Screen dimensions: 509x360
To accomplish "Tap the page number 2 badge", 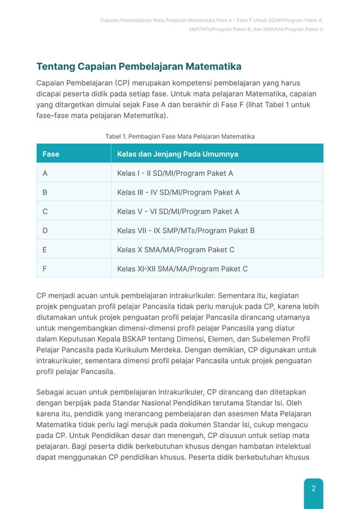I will coord(313,488).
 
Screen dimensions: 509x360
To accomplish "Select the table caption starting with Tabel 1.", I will coord(180,137).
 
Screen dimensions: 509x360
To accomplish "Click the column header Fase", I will coord(51,154).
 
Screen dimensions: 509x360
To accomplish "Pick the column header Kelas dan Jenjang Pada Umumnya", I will coord(177,154).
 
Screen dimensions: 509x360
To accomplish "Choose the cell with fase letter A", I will coord(45,173).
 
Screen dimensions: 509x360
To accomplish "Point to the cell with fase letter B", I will coord(45,192).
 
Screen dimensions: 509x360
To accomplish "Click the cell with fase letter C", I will coord(45,212).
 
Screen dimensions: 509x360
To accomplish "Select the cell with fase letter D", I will coord(45,231).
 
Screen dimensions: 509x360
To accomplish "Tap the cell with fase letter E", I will coord(45,249).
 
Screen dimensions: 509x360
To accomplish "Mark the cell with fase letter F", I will coord(45,269).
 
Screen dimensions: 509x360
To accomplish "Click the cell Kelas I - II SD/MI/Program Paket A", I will coord(175,173).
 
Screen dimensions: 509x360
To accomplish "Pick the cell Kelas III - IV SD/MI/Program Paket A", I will coord(178,192).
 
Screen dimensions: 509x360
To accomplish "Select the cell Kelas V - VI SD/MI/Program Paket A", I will coord(178,212).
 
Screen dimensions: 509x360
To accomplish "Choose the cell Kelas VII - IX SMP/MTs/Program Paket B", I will coord(186,231).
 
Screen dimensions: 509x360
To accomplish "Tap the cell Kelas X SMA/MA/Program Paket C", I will coord(175,249).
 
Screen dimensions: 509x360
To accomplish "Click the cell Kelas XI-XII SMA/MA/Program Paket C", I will coord(182,269).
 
